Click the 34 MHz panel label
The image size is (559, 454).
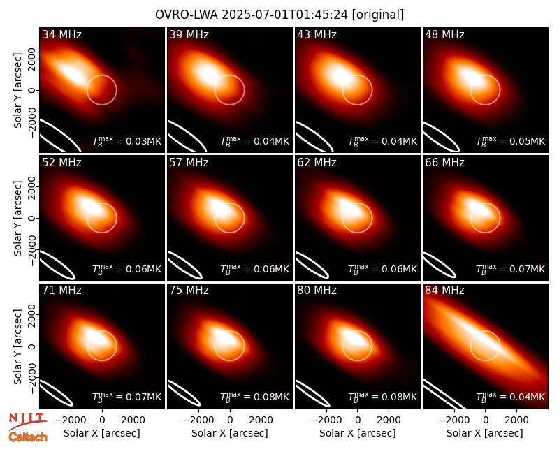(61, 34)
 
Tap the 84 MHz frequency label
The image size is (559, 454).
(444, 291)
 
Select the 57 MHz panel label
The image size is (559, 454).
(189, 163)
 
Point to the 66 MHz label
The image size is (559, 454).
(444, 163)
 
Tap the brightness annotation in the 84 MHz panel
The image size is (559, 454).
(511, 397)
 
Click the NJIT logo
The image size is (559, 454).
(27, 422)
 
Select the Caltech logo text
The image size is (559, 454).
(28, 437)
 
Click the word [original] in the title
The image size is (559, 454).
(377, 15)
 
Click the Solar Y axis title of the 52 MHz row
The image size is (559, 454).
(17, 218)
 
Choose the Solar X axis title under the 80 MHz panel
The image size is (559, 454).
(357, 433)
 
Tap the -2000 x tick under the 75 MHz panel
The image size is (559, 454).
(196, 420)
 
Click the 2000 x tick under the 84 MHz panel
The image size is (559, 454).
(516, 420)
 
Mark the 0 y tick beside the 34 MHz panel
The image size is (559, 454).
(31, 90)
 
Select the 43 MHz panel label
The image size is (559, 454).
(317, 34)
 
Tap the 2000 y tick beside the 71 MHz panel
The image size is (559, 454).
(31, 315)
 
